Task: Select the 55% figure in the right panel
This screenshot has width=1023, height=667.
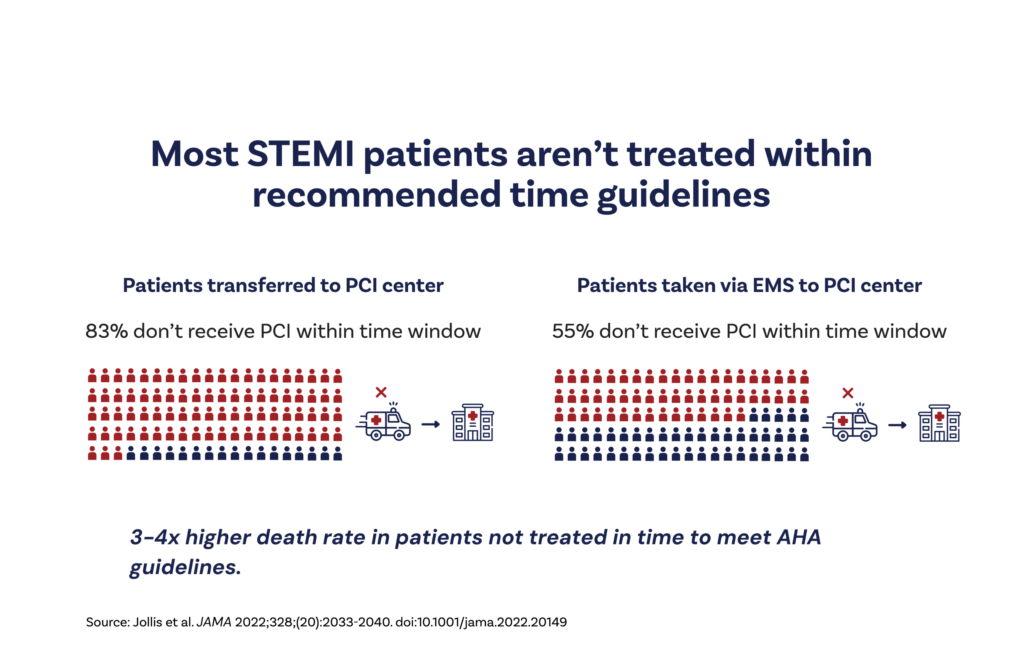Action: click(x=572, y=332)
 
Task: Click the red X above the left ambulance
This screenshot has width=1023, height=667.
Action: click(x=381, y=392)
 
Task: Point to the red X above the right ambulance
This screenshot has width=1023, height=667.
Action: click(x=848, y=393)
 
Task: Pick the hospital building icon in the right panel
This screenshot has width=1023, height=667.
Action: click(x=939, y=423)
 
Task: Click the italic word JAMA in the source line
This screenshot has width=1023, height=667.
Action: click(x=214, y=622)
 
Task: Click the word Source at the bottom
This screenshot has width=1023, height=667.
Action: click(x=108, y=622)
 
